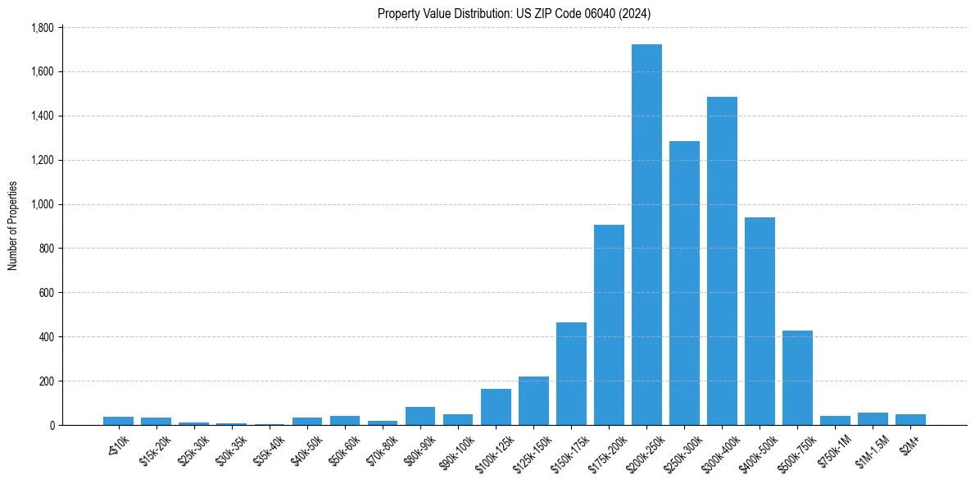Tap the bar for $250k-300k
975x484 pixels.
pyautogui.click(x=684, y=283)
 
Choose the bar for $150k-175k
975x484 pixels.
pyautogui.click(x=571, y=373)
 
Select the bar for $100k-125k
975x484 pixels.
pyautogui.click(x=496, y=407)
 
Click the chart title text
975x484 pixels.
pyautogui.click(x=514, y=13)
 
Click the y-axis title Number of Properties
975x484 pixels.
pyautogui.click(x=13, y=226)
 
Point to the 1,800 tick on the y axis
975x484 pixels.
pyautogui.click(x=42, y=28)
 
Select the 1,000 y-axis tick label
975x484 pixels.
pyautogui.click(x=42, y=204)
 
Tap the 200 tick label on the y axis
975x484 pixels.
pyautogui.click(x=47, y=381)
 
